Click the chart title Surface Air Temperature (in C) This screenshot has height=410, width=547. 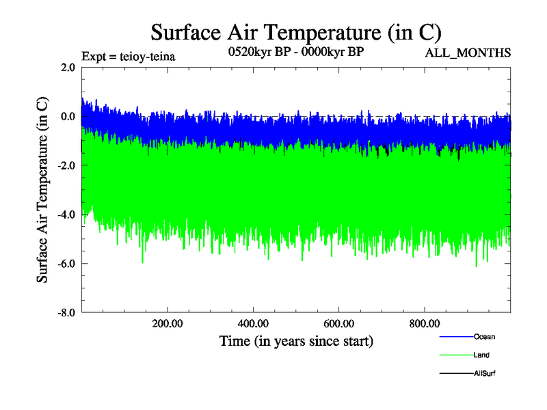coord(296,32)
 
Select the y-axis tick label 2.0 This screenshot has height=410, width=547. coord(67,67)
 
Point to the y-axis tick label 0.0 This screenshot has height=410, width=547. coord(67,116)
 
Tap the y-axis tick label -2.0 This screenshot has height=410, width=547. coord(66,165)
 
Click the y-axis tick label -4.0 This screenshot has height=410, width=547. coord(66,215)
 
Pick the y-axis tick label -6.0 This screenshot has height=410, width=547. coord(66,264)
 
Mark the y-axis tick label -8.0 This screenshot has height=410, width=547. coord(66,313)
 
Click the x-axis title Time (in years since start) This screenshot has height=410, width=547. coord(296,340)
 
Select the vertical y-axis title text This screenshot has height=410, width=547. coord(42,190)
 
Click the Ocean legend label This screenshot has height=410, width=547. coord(484,337)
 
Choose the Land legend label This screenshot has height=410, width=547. coord(481,355)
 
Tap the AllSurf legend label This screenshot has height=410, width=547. coord(484,374)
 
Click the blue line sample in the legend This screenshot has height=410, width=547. coord(455,337)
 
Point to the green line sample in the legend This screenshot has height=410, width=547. coord(455,355)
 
